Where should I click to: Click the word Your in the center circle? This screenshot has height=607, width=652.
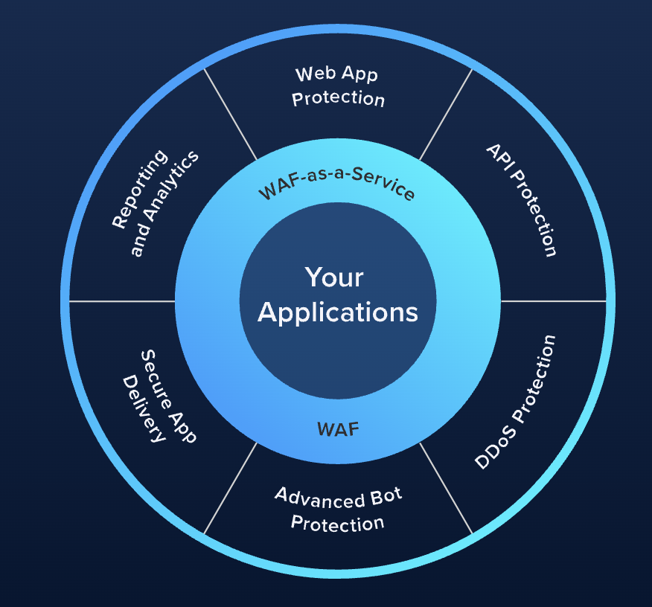pos(334,277)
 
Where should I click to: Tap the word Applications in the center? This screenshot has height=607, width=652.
pos(338,312)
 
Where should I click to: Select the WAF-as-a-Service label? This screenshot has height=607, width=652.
pos(336,183)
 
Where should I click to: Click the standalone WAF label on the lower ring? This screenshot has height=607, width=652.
pos(338,429)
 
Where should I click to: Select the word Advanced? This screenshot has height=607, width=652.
pos(320,498)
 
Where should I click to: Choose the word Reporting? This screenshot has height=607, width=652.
pos(140,189)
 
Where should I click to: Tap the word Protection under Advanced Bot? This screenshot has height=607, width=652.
pos(337,524)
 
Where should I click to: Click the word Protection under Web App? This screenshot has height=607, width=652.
pos(338,99)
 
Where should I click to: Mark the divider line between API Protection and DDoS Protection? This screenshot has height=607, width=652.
pos(554,301)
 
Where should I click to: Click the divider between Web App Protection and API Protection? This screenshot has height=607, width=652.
pos(446,115)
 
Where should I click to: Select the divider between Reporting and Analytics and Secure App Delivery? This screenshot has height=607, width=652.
pos(122,301)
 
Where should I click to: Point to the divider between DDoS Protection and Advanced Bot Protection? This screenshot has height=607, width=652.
pos(446,488)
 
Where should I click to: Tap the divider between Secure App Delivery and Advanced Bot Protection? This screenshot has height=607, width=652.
pos(231,488)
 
